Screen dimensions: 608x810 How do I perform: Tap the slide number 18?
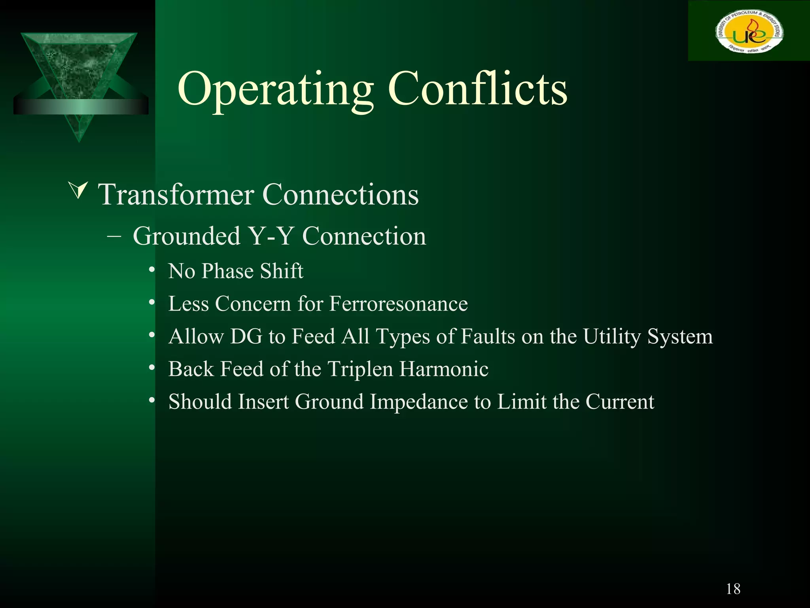733,589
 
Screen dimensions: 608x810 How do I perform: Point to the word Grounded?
187,236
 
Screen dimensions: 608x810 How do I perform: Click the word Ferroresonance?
398,304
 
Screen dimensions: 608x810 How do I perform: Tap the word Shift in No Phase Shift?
282,271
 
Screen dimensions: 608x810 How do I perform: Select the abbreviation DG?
246,336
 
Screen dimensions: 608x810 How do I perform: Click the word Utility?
611,336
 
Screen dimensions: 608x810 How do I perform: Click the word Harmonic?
443,369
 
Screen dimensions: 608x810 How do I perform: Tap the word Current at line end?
619,402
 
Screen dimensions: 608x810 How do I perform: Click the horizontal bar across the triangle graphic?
81,107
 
